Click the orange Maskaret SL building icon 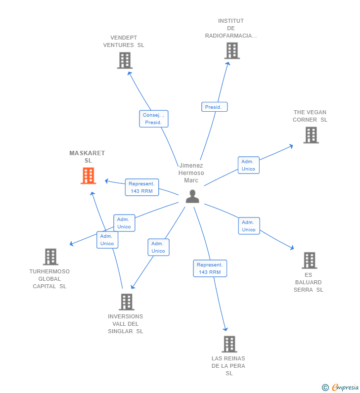pos(88,175)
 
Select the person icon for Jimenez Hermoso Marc pos(192,196)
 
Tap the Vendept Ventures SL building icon pos(125,60)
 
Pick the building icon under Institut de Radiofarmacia pos(231,50)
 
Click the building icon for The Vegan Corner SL pos(311,135)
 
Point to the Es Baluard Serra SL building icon pos(309,260)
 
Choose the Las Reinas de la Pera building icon pos(229,344)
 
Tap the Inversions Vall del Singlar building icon pos(126,302)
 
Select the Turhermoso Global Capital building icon pos(50,257)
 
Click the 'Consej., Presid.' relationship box pos(154,119)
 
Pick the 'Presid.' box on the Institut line pos(214,107)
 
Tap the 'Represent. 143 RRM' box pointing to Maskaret pos(141,187)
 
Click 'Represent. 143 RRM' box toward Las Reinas pos(210,268)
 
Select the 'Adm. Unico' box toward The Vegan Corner pos(248,165)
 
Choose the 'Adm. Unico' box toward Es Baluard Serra pos(249,226)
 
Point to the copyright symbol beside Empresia pos(325,388)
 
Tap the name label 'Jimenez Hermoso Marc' pos(191,173)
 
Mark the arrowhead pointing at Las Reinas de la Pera pos(225,329)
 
